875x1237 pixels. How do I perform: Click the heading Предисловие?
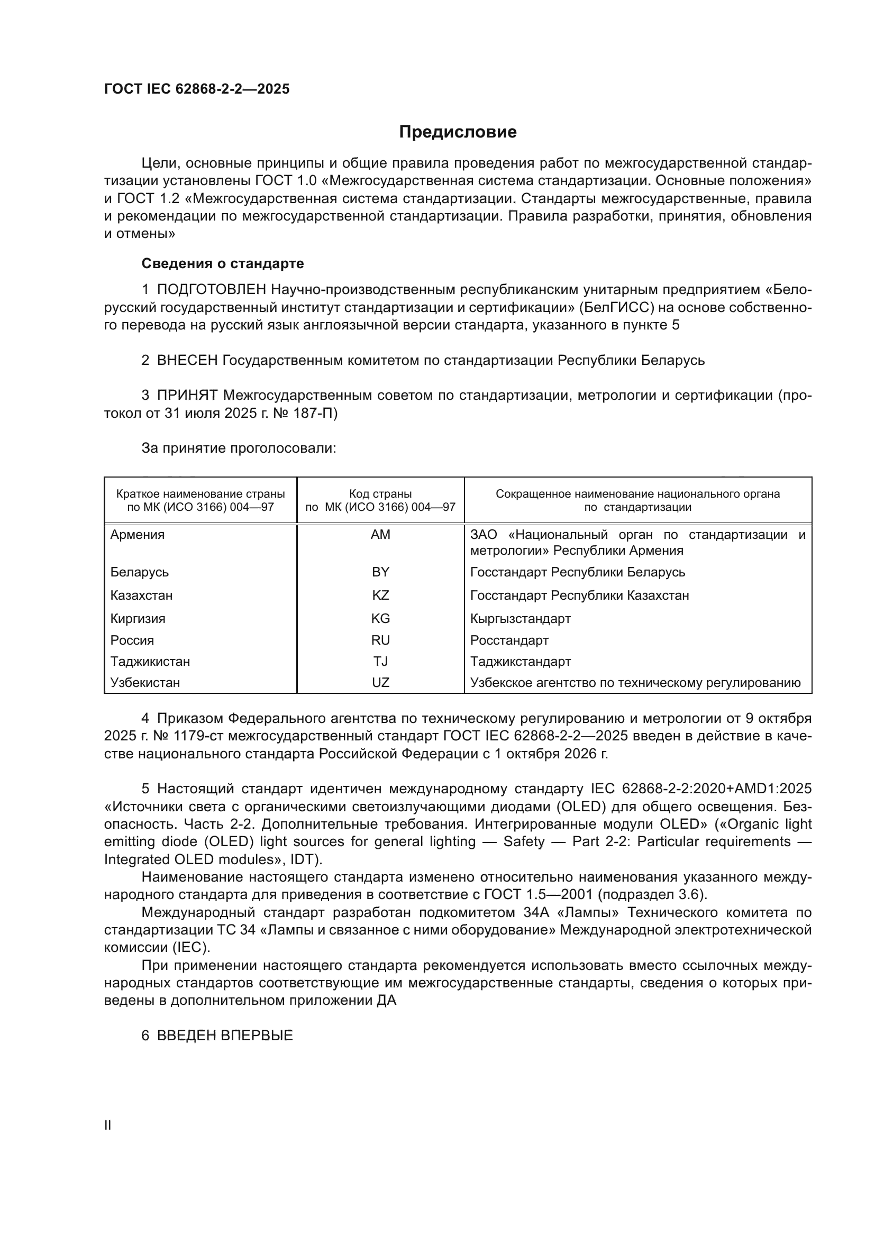click(458, 132)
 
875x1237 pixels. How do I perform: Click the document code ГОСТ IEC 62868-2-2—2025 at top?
click(197, 89)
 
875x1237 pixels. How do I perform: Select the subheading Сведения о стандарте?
click(223, 263)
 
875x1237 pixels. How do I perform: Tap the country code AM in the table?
click(380, 535)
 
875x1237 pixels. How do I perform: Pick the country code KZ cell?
click(380, 595)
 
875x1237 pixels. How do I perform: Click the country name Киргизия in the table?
click(138, 619)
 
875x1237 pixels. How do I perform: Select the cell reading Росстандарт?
click(509, 640)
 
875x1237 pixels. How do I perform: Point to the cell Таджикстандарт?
click(521, 661)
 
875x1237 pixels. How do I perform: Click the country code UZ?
click(380, 683)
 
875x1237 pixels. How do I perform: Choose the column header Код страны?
click(380, 494)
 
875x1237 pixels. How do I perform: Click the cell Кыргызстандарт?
click(521, 619)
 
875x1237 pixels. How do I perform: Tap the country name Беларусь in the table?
click(140, 572)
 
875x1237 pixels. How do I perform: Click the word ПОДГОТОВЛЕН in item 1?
click(211, 290)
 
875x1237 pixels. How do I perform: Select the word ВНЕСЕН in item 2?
click(187, 361)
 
